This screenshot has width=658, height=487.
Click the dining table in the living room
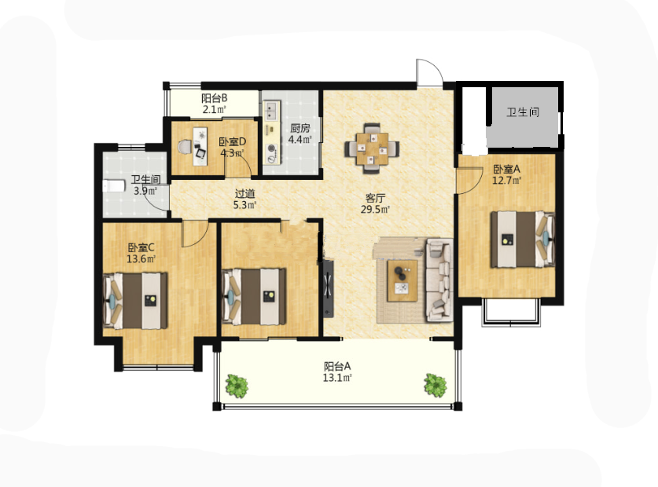pos(372,148)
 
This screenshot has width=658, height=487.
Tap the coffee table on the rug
pos(402,280)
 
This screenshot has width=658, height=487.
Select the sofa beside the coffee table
pos(439,280)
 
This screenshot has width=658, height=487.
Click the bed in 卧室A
pos(523,239)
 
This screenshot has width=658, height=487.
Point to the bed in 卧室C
pos(135,300)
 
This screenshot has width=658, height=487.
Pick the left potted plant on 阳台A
pos(237,386)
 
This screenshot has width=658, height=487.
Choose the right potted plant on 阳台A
pos(435,385)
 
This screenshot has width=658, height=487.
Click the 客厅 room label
pos(375,198)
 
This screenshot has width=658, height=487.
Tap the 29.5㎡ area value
pos(375,209)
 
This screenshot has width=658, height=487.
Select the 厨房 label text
pos(300,128)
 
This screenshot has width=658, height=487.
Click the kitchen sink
pos(271,110)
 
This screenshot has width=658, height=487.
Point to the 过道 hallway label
pos(244,194)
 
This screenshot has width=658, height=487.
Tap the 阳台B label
pos(214,98)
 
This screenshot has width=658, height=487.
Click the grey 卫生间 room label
pos(523,112)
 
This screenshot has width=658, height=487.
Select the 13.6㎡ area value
pos(141,258)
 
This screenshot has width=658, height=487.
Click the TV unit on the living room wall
pos(328,287)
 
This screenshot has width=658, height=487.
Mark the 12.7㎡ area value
pos(506,181)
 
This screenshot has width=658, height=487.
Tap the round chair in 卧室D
pos(184,147)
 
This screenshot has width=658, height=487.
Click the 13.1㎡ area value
pos(337,378)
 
